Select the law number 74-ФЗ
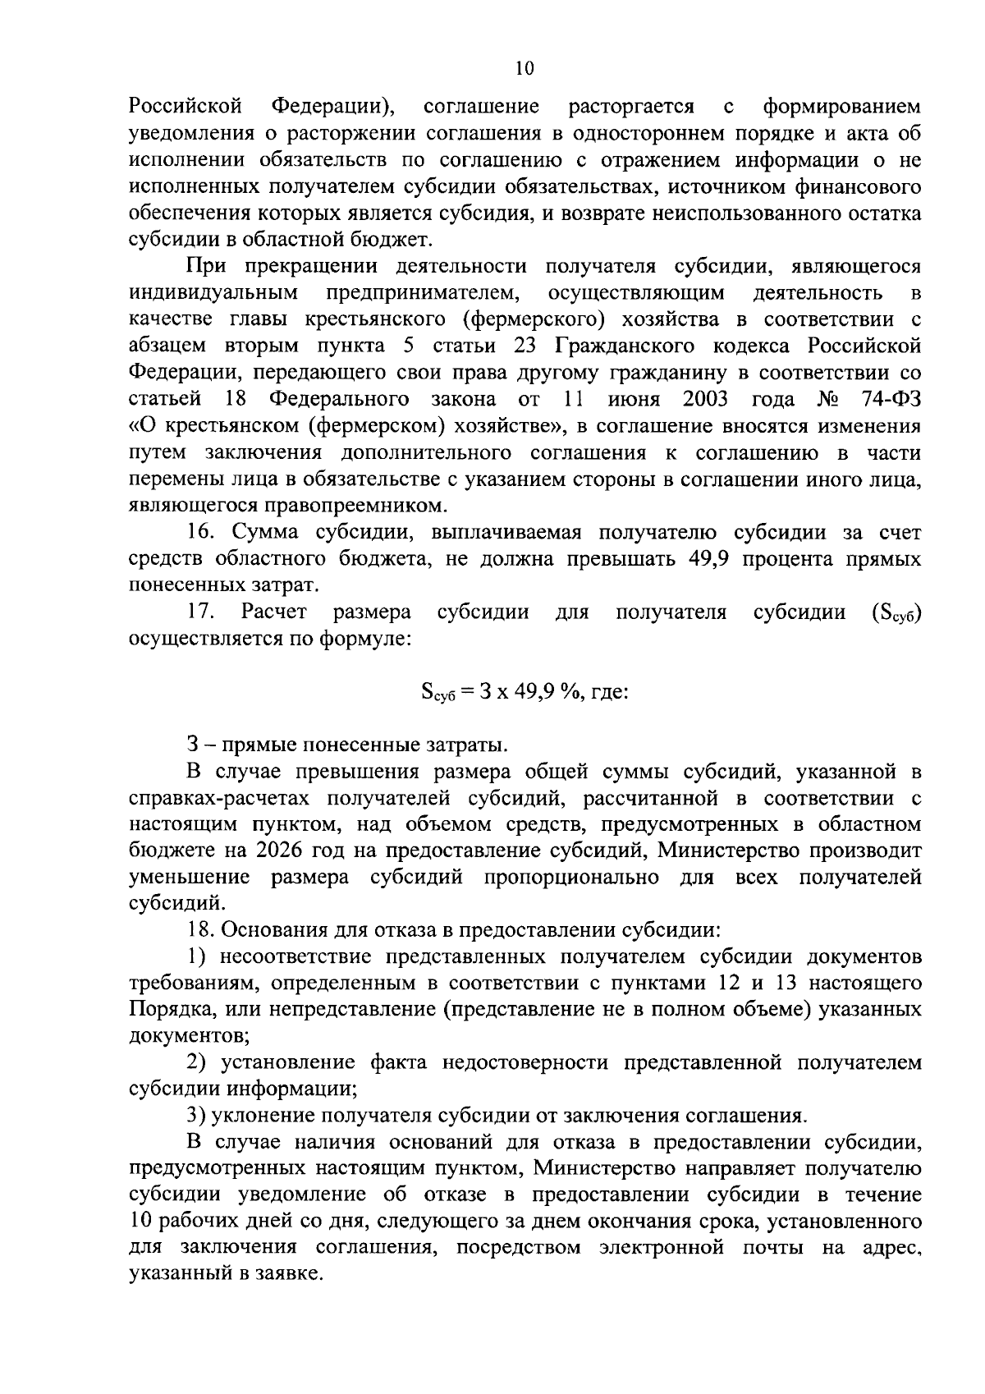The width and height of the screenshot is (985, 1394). (x=889, y=400)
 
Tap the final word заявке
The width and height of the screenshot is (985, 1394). (x=291, y=1275)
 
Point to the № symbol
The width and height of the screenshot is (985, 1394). (x=828, y=400)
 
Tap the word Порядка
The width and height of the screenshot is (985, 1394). (x=172, y=1010)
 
